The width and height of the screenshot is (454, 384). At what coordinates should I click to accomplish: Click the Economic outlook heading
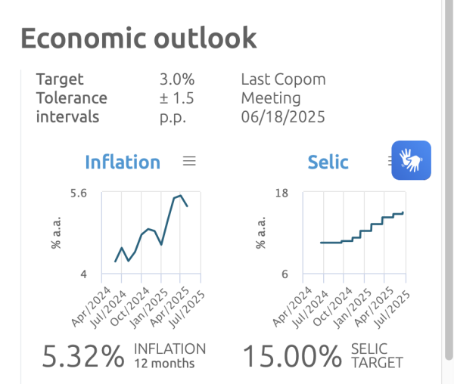tap(138, 37)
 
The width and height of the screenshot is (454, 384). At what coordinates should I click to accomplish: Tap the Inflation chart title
tap(123, 162)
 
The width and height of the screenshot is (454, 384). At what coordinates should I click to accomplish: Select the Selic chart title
tap(328, 162)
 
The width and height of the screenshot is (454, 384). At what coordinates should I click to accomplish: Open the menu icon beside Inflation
tap(190, 160)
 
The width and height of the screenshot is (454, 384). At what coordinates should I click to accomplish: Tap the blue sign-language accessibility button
tap(411, 160)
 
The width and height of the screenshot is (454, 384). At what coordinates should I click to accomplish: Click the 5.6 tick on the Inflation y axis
tap(79, 194)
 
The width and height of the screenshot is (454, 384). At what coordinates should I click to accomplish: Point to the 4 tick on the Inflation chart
tap(84, 274)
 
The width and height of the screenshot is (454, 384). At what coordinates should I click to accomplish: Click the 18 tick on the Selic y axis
tap(282, 194)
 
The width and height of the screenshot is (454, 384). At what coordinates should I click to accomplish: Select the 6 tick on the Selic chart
tap(285, 274)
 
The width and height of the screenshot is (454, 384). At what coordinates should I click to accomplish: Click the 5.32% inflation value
tap(83, 356)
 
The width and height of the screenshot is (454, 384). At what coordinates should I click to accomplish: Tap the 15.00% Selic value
tap(292, 356)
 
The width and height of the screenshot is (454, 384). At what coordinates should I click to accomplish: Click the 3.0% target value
tap(178, 79)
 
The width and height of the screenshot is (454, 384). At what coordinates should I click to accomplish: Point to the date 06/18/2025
tap(282, 116)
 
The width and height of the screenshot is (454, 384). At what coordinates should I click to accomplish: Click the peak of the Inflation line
tap(180, 195)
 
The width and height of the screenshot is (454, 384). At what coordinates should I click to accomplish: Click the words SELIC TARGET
tap(377, 355)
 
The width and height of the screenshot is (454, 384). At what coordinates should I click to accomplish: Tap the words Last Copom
tap(283, 79)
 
